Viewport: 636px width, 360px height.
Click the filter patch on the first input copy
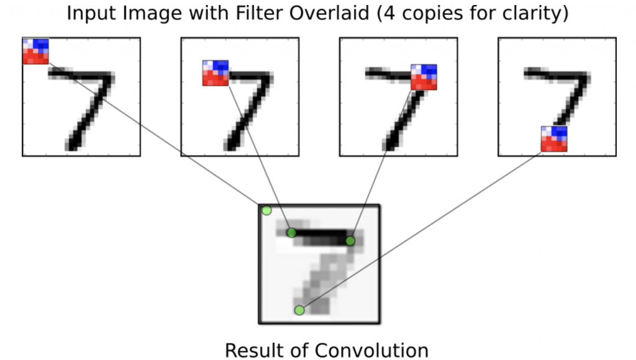35,51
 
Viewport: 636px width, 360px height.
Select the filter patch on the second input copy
215,73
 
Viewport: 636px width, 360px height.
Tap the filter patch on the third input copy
424,77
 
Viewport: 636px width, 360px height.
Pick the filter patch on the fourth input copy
554,139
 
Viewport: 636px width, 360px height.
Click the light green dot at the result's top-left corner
266,210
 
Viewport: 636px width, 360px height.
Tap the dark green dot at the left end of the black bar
291,233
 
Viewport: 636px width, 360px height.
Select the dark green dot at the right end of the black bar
350,240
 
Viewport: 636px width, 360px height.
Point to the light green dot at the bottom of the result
299,310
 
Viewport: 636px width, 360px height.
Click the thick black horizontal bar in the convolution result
320,236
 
